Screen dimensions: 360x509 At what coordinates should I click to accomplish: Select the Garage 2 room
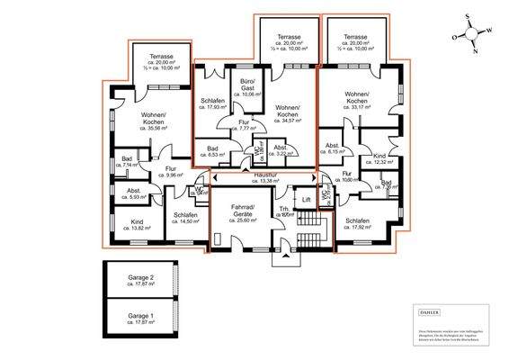point(139,281)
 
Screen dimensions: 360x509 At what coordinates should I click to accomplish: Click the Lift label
point(307,201)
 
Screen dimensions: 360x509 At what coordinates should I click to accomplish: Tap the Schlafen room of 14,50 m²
point(185,219)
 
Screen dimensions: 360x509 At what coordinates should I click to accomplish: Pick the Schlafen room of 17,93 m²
point(212,104)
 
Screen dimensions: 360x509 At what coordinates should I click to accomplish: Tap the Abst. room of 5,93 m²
point(134,193)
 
